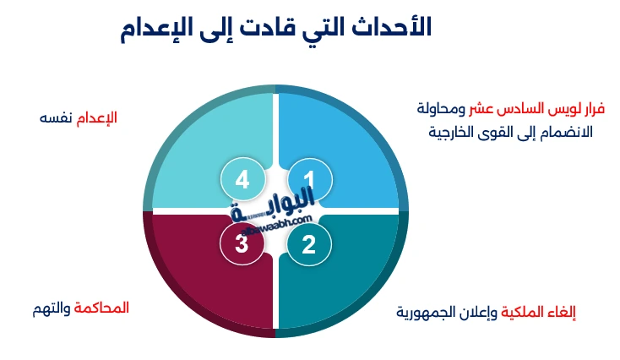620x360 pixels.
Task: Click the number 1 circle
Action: click(x=309, y=179)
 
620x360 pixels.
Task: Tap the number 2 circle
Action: click(x=309, y=244)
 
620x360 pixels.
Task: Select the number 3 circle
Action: click(x=242, y=244)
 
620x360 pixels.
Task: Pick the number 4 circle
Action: click(x=242, y=179)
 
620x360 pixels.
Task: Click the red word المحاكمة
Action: click(x=104, y=308)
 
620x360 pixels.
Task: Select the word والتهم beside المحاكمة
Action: click(x=51, y=308)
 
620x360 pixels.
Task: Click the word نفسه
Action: click(x=56, y=117)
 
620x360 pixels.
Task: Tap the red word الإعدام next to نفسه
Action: click(x=97, y=117)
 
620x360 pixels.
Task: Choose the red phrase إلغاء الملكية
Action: click(x=540, y=312)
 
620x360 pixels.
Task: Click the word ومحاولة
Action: click(x=443, y=109)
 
